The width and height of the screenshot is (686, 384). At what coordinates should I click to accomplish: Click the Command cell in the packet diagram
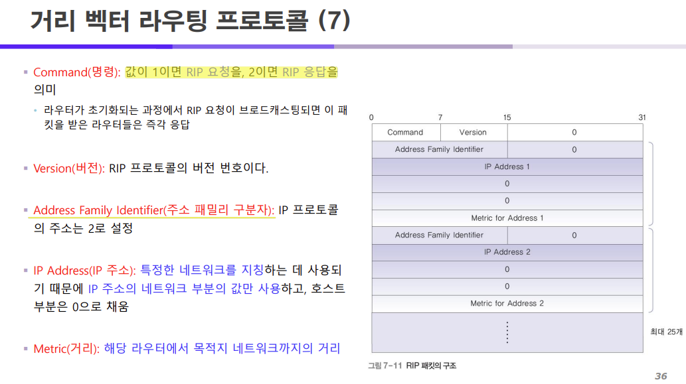405,132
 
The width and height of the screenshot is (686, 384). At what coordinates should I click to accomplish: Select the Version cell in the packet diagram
473,132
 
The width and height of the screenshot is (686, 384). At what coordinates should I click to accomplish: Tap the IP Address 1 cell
507,166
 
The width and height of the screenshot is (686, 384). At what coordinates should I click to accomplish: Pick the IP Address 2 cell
507,252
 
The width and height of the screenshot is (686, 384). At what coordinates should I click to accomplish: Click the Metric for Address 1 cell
507,218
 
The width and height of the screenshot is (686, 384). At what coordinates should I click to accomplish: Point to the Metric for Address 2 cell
507,303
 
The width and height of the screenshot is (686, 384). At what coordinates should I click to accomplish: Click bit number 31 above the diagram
642,117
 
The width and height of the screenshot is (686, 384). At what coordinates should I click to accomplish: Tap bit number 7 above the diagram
440,117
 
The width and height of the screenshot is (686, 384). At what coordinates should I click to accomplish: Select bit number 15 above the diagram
507,117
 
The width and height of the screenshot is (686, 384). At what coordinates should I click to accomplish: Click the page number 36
660,376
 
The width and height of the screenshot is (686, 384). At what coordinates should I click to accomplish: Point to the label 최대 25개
665,332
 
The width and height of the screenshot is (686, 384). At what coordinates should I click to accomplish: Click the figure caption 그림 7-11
385,365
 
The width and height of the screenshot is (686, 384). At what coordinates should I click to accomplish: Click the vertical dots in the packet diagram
507,332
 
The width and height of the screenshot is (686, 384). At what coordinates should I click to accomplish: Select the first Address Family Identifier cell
439,149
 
